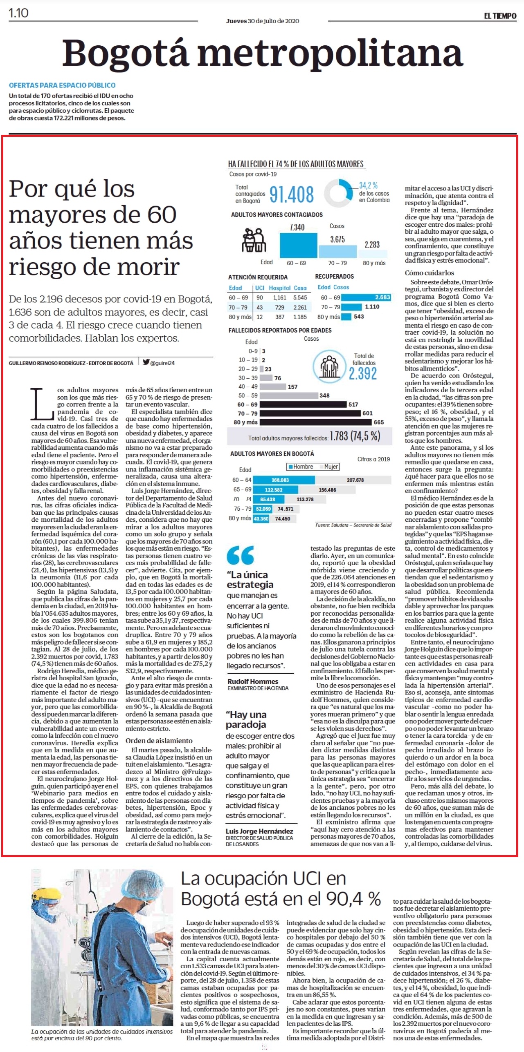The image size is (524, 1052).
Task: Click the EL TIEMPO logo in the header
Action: click(500, 16)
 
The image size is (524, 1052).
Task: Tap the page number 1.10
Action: click(18, 13)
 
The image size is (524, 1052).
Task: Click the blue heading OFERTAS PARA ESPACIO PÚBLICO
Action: click(62, 85)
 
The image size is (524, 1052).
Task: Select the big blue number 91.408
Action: click(292, 194)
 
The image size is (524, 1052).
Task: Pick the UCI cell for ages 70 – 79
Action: click(260, 307)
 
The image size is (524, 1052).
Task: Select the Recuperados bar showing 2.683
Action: click(366, 297)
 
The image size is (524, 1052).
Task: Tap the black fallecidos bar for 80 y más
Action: click(316, 422)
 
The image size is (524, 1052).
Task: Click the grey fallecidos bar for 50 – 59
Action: click(289, 395)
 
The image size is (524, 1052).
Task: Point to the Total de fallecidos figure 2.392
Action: click(362, 373)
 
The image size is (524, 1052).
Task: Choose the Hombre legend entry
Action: click(301, 467)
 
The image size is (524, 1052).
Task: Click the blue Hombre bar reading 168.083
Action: click(284, 480)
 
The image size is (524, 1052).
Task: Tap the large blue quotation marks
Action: click(240, 555)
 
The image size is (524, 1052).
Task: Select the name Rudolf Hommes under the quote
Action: click(253, 681)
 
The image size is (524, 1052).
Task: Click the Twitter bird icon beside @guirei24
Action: click(146, 362)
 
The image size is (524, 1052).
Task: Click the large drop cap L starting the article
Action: click(42, 404)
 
